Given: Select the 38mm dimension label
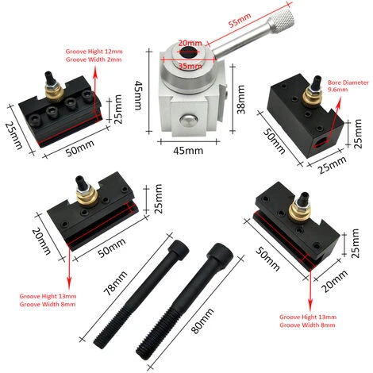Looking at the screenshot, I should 241,92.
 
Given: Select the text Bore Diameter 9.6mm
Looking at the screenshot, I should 344,85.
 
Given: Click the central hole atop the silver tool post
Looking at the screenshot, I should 189,54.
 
